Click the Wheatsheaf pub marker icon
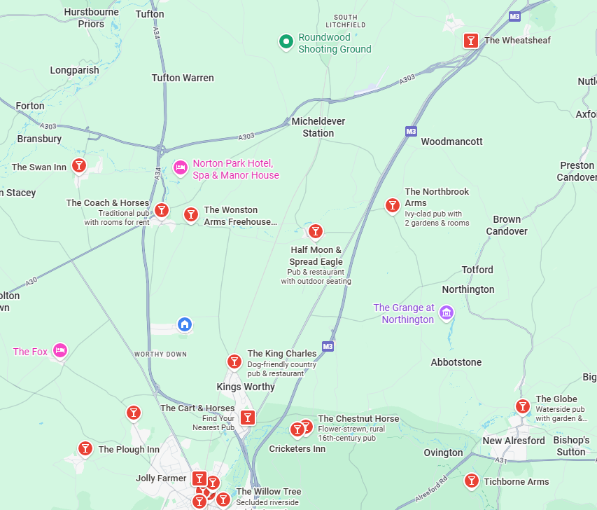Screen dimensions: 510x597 (x=472, y=41)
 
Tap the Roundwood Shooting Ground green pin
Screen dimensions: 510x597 (x=286, y=42)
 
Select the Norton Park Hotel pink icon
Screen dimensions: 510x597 (x=180, y=167)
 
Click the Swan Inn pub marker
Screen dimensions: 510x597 (x=80, y=165)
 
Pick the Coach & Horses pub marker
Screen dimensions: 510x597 (x=162, y=209)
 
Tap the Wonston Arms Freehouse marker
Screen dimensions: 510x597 (x=190, y=214)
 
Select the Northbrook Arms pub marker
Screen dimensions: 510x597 (x=392, y=205)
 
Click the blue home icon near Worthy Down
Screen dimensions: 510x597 (x=185, y=324)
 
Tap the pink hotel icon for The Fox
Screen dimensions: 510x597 (x=60, y=350)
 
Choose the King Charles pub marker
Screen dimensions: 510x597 (x=234, y=361)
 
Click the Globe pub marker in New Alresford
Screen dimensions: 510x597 (x=522, y=406)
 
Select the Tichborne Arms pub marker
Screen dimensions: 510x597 (x=471, y=481)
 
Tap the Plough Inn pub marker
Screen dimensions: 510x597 (x=85, y=448)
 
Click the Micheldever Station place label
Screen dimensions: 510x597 (x=318, y=127)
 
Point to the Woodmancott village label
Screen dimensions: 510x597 (x=451, y=142)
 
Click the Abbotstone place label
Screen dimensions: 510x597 (x=456, y=362)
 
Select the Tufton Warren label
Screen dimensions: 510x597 (x=183, y=78)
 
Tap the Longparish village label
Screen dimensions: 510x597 (x=75, y=70)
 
